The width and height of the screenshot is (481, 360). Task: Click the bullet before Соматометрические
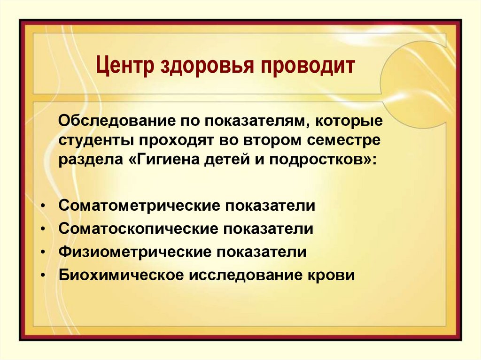tap(43, 206)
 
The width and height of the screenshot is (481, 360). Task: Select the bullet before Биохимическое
tap(43, 275)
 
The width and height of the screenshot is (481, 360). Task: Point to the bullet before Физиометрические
tap(43, 252)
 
